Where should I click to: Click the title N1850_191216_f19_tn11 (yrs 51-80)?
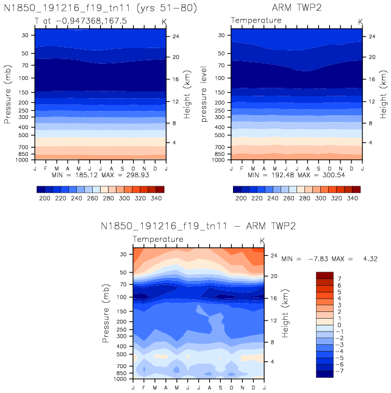coord(101,7)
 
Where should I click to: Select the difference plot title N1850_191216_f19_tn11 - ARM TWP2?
coord(198,226)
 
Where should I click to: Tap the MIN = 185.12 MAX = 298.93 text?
coord(101,175)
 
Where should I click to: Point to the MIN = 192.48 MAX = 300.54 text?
coord(297,175)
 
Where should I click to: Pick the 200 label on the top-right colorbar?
coord(241,199)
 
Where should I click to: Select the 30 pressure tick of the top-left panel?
coord(25,35)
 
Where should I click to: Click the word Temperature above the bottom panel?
coord(158,239)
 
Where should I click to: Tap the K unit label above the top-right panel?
coord(360,21)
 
